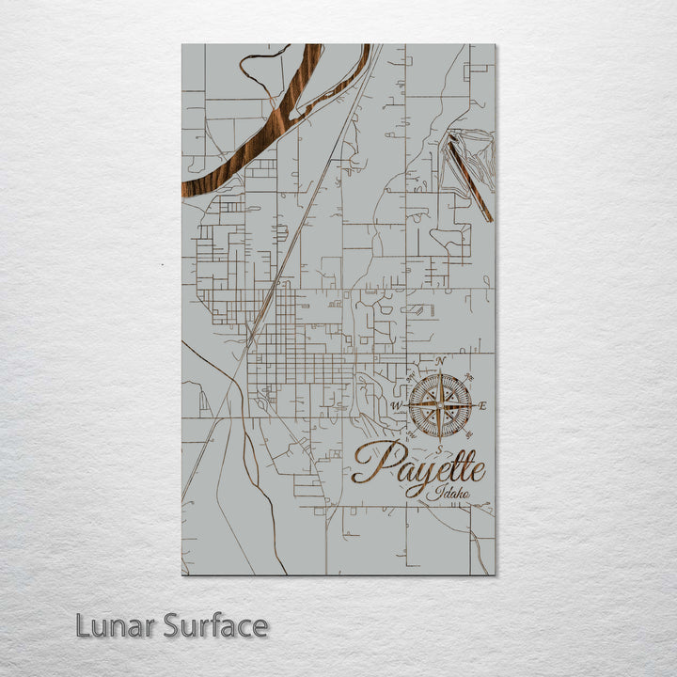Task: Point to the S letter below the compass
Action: coord(438,448)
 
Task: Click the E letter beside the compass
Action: coord(483,406)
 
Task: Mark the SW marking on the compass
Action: coord(411,434)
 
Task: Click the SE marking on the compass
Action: coord(468,434)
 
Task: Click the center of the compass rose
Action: coord(440,406)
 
